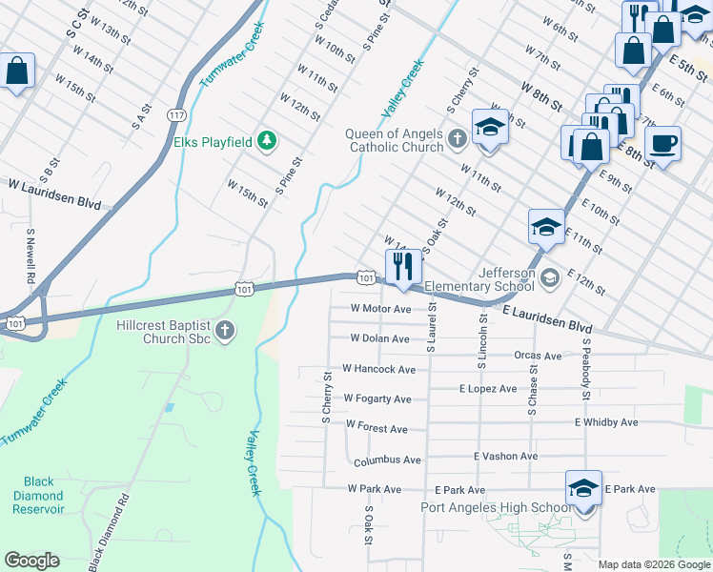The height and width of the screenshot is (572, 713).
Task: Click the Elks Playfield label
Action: [x=213, y=142]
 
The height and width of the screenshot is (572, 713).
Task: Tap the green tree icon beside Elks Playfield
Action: [x=269, y=142]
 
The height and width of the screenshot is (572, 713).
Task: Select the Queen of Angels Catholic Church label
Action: [x=396, y=140]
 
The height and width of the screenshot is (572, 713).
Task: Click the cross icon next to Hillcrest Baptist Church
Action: [x=225, y=331]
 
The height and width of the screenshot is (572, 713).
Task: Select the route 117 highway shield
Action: [x=175, y=115]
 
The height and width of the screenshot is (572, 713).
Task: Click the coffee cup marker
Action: [x=662, y=144]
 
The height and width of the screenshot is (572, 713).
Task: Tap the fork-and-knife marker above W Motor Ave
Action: [x=402, y=266]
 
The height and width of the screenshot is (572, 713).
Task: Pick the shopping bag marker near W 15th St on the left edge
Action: [x=16, y=71]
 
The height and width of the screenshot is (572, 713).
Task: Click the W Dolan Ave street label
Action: [x=379, y=338]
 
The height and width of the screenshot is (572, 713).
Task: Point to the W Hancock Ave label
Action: [x=378, y=369]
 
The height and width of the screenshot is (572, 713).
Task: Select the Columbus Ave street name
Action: [x=387, y=460]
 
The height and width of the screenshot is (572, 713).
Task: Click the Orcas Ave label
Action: [x=538, y=356]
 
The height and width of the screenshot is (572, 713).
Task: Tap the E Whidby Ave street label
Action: [x=606, y=421]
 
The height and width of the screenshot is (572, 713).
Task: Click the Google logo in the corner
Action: [x=31, y=561]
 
